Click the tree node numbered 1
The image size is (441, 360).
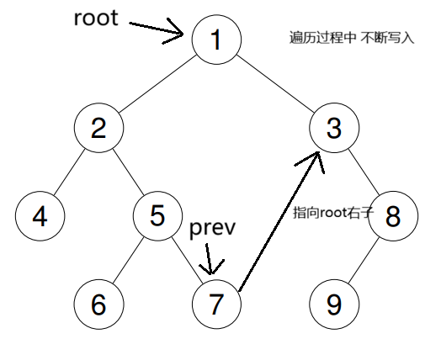tap(216, 40)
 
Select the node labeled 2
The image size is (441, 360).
tap(98, 128)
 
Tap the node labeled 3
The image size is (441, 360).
tap(334, 128)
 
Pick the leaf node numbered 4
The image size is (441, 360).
tap(40, 216)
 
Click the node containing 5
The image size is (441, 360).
tap(157, 216)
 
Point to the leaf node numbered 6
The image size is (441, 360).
tap(98, 304)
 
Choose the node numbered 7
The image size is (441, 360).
tap(216, 304)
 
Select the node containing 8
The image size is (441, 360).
tap(393, 216)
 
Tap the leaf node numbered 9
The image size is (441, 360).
tap(334, 304)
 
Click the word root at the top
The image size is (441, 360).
tap(96, 18)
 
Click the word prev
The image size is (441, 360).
tap(212, 228)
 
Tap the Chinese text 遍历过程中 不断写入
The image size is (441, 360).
tap(352, 38)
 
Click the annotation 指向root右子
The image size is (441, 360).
tap(333, 213)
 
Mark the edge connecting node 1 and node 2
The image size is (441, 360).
tap(157, 84)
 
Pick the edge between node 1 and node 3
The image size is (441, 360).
tap(275, 84)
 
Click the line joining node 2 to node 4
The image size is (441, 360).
tap(69, 172)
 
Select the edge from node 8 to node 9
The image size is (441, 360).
tap(364, 260)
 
